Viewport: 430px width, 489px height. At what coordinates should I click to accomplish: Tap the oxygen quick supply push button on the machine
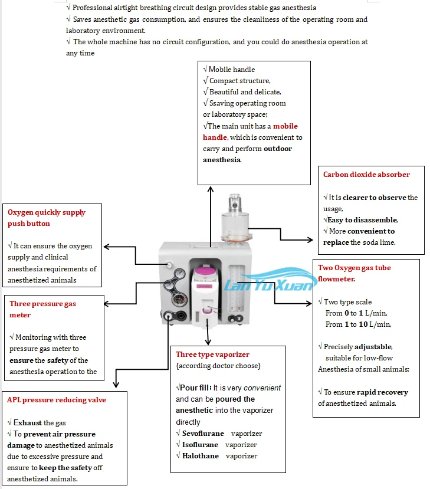click(x=169, y=265)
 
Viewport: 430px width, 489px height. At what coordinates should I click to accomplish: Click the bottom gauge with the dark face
click(x=179, y=300)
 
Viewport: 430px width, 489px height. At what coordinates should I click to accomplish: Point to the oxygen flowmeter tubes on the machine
click(x=237, y=288)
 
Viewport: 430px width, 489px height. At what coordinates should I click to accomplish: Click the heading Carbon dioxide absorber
click(x=366, y=175)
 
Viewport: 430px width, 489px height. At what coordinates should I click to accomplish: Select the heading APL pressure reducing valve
click(x=57, y=400)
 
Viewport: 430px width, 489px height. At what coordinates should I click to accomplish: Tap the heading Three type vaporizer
click(x=213, y=355)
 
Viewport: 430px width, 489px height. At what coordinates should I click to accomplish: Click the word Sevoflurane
click(x=203, y=434)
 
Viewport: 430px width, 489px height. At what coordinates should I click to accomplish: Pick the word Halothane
click(x=201, y=456)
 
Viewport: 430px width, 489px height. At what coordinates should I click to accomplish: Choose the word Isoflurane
click(x=200, y=445)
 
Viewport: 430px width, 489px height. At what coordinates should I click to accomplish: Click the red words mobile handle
click(x=251, y=132)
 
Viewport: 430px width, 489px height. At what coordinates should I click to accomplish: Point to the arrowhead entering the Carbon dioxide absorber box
click(x=310, y=240)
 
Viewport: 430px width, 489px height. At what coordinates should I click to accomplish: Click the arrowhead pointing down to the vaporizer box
click(x=208, y=342)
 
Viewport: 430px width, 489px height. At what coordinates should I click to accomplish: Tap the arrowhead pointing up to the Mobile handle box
click(x=211, y=189)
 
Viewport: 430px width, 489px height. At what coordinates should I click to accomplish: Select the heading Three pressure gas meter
click(x=42, y=309)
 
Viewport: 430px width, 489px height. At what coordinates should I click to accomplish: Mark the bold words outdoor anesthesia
click(x=248, y=154)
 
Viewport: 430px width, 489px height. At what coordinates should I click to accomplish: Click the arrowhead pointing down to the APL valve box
click(x=116, y=385)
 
